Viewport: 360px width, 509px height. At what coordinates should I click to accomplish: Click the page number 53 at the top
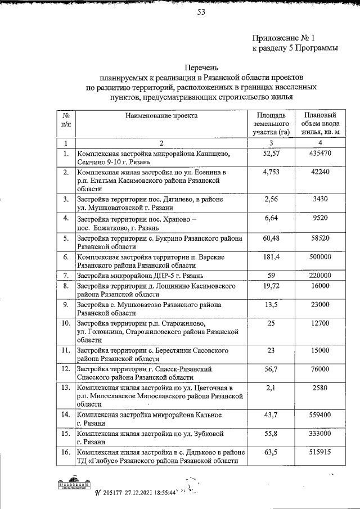click(x=200, y=15)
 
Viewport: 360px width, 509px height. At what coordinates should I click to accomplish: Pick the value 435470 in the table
click(x=319, y=153)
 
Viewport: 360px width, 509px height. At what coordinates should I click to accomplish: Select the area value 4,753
click(x=271, y=172)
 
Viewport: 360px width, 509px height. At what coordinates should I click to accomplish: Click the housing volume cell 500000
click(x=319, y=256)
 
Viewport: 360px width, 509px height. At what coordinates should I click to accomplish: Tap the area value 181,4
click(x=271, y=256)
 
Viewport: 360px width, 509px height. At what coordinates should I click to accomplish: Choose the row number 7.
click(x=66, y=276)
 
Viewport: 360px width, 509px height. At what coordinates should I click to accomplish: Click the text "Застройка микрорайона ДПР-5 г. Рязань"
click(x=144, y=276)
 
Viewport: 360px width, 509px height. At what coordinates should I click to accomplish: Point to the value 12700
click(x=319, y=324)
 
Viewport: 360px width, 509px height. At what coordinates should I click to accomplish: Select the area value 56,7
click(x=271, y=368)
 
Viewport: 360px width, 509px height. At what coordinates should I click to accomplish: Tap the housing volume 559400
click(x=319, y=415)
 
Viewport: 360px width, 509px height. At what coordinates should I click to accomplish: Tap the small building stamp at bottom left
click(x=73, y=485)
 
